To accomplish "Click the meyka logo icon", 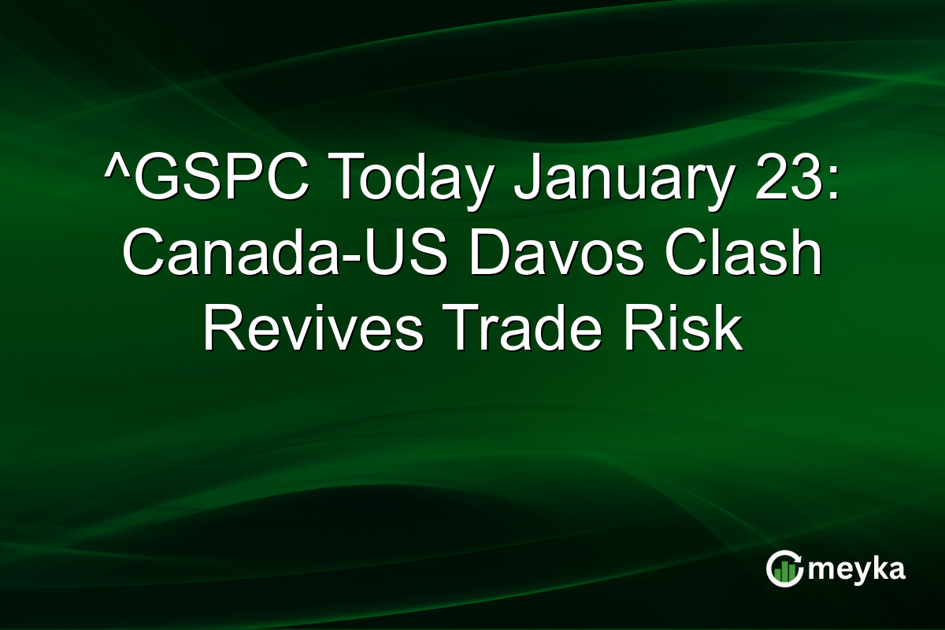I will coord(784,569).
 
